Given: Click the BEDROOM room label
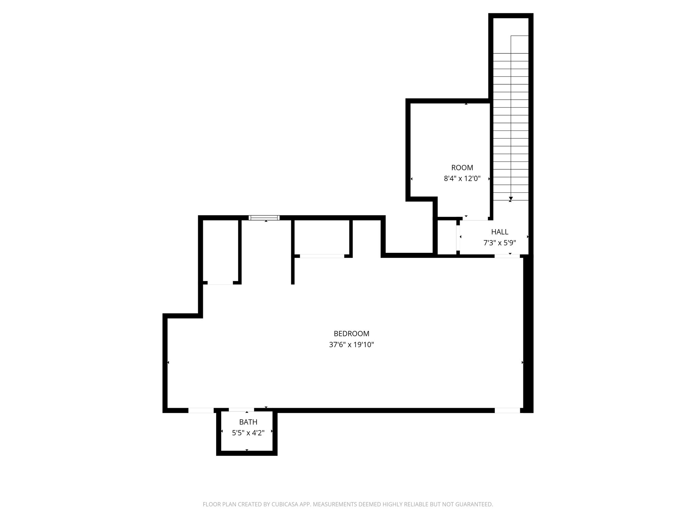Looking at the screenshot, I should [351, 334].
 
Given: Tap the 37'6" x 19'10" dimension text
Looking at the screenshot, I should [351, 345].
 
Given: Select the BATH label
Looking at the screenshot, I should [248, 422].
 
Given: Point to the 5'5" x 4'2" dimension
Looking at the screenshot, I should [248, 433].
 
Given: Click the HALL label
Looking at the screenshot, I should [500, 232].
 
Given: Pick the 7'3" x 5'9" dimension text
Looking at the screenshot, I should [500, 243].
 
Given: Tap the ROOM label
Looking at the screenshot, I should [462, 168].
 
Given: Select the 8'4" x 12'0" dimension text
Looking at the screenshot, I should [462, 178].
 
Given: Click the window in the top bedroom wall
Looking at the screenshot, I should [264, 218].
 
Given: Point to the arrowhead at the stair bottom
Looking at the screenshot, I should [510, 198].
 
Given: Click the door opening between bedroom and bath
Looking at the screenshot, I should [241, 410].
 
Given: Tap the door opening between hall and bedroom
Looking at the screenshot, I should [507, 256].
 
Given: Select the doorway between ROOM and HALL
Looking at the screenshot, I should [475, 219].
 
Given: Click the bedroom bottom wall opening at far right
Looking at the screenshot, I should [507, 410].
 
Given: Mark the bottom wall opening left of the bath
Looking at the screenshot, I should [201, 410].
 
